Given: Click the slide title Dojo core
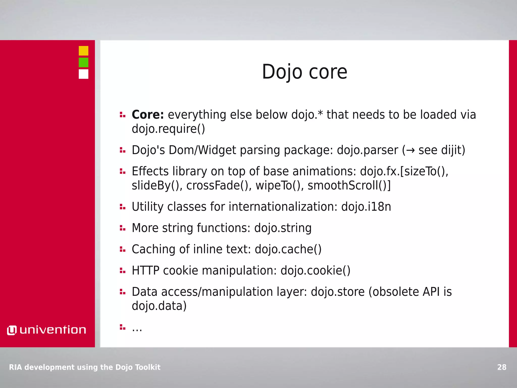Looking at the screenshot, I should pyautogui.click(x=304, y=72).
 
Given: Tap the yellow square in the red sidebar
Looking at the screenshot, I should pyautogui.click(x=83, y=51).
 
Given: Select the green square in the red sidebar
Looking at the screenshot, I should pyautogui.click(x=83, y=62).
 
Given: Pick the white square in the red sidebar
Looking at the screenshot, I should pyautogui.click(x=83, y=74).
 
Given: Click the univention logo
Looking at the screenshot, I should pyautogui.click(x=47, y=330).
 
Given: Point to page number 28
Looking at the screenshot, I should pyautogui.click(x=502, y=367).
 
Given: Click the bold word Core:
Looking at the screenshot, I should pyautogui.click(x=148, y=115).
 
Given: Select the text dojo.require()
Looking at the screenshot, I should pyautogui.click(x=168, y=129).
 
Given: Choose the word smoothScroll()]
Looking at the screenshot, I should pyautogui.click(x=349, y=185).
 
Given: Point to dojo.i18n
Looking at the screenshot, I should pyautogui.click(x=366, y=207).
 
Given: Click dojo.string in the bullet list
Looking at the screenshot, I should pyautogui.click(x=283, y=228).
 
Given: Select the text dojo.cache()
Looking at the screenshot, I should pyautogui.click(x=288, y=249).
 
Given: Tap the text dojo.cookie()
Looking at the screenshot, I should pyautogui.click(x=315, y=271).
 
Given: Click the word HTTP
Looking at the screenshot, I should pyautogui.click(x=145, y=271).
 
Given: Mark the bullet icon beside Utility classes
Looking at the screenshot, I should pyautogui.click(x=122, y=207).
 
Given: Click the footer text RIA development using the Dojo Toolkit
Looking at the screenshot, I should pyautogui.click(x=85, y=367).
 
